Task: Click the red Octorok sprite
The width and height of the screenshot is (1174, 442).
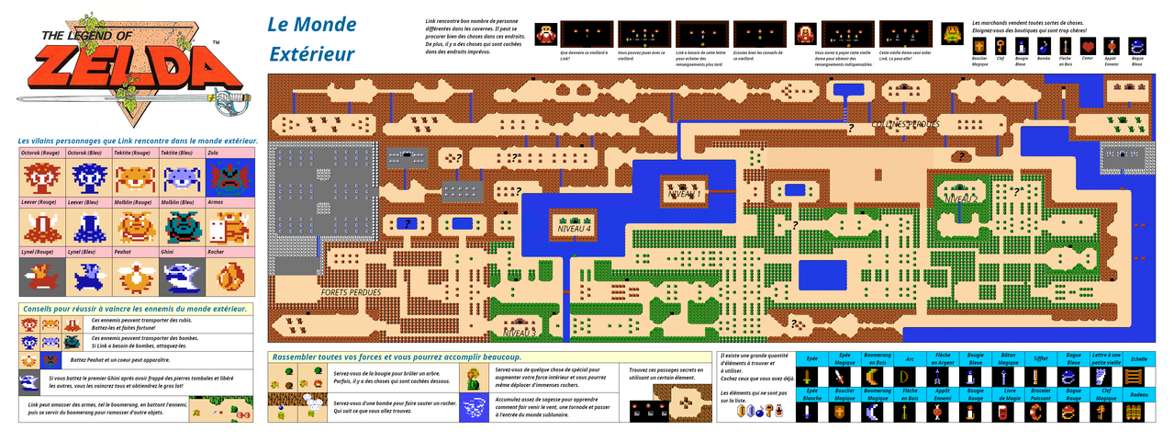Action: pyautogui.click(x=41, y=177)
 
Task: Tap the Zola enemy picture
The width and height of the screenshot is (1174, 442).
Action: pyautogui.click(x=229, y=177)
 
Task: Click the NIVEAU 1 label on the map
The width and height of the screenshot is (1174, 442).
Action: pyautogui.click(x=685, y=194)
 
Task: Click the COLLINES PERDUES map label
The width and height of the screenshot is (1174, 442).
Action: pyautogui.click(x=905, y=124)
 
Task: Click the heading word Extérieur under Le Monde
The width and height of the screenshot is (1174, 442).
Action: pyautogui.click(x=311, y=54)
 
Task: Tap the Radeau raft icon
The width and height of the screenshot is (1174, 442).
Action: pyautogui.click(x=1139, y=413)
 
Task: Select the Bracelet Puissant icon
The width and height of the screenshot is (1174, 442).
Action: pyautogui.click(x=1040, y=413)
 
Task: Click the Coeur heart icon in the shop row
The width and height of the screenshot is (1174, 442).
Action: pyautogui.click(x=1088, y=44)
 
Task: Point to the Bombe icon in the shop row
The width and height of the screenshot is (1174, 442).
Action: pyautogui.click(x=1044, y=44)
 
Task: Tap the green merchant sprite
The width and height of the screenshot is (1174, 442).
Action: pyautogui.click(x=955, y=33)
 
